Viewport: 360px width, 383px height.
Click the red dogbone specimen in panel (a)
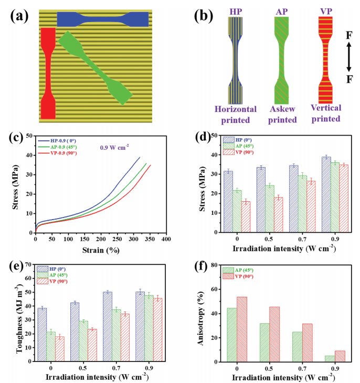[x=47, y=74]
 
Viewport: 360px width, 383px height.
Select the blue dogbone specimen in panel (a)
[x=103, y=19]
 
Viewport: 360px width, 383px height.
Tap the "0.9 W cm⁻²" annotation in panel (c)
[x=115, y=148]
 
